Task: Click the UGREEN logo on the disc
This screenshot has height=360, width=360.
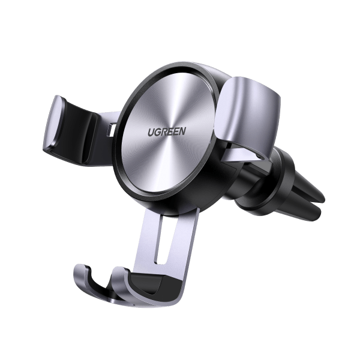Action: coord(167,131)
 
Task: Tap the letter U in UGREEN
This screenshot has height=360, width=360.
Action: coord(151,133)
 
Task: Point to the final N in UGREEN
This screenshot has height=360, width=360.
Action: coord(182,131)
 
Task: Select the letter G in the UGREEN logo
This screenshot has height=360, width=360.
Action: coord(158,132)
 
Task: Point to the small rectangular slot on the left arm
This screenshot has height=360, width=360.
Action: coord(112,130)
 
